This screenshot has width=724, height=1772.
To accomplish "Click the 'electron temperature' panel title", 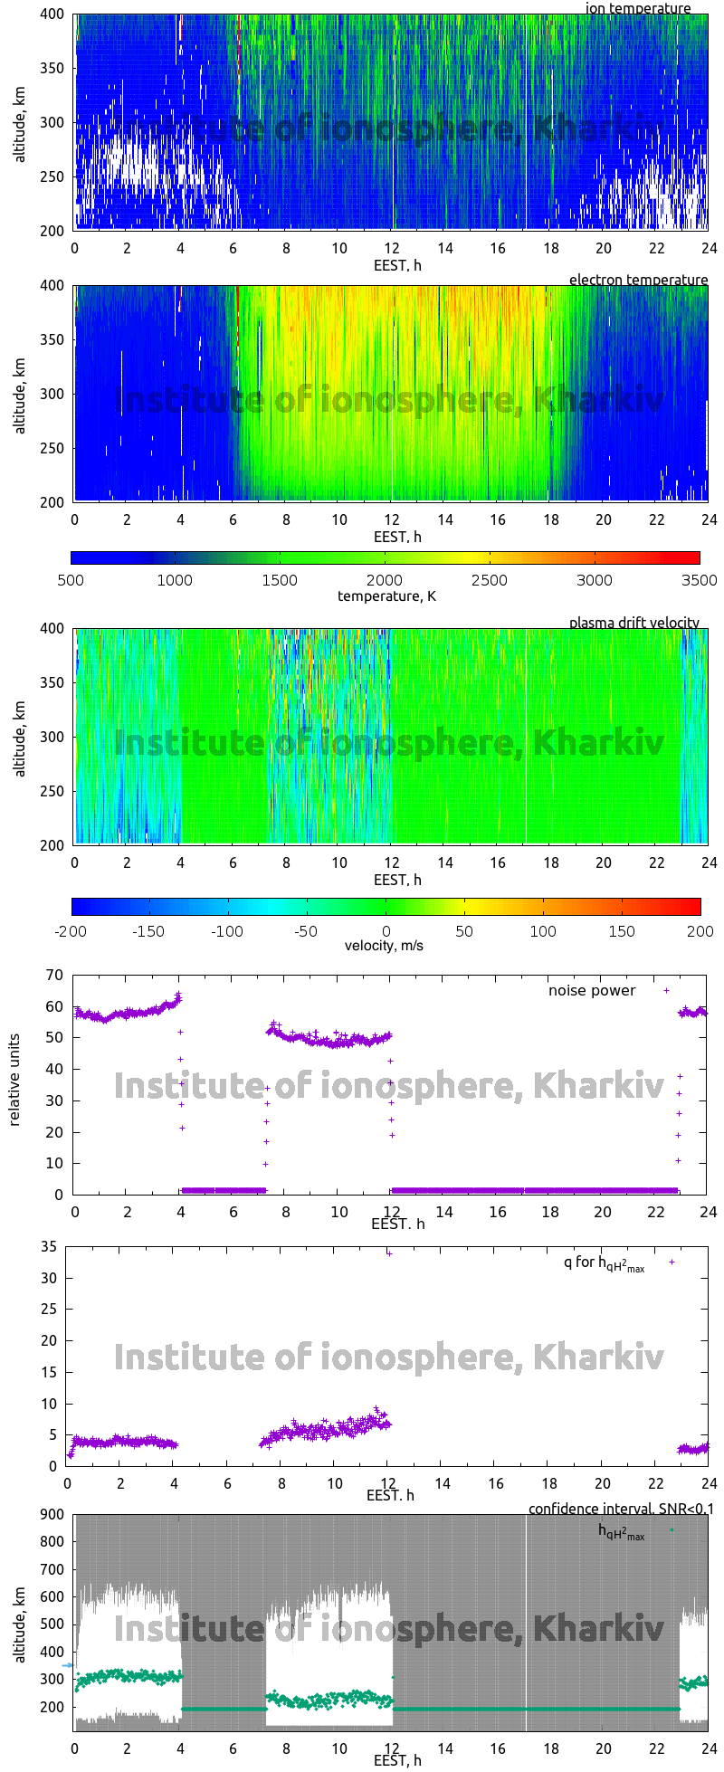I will pos(638,280).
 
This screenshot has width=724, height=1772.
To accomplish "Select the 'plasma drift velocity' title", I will pos(633,623).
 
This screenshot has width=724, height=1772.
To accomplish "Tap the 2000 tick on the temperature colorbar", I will pos(385,580).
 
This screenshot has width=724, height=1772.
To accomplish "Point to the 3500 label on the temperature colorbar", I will pos(699,580).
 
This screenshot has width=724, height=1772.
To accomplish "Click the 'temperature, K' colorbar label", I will pos(386,595).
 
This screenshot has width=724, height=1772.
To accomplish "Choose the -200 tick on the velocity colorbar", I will pos(71,930).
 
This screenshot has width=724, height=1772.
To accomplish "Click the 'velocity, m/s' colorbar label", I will pos(384,946).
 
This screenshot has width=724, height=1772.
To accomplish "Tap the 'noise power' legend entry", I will pos(592,990).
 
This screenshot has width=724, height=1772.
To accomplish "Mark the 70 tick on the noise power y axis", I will pos(55,975).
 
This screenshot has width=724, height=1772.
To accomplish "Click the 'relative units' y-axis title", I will pos(14,1083).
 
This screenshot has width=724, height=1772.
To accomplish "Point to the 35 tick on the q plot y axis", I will pos(50,1247).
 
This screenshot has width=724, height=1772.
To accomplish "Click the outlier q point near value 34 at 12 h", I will pos(389,1253).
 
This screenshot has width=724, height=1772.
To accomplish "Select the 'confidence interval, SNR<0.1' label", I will pos(621,1509).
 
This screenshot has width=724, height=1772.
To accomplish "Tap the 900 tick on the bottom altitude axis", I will pos(51,1514).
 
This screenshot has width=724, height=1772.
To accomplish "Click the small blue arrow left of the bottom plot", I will pos(67,1664).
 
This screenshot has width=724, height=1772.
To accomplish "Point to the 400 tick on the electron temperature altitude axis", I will pos(52,286).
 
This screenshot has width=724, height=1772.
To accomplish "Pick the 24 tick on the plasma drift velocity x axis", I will pos(709,862).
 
